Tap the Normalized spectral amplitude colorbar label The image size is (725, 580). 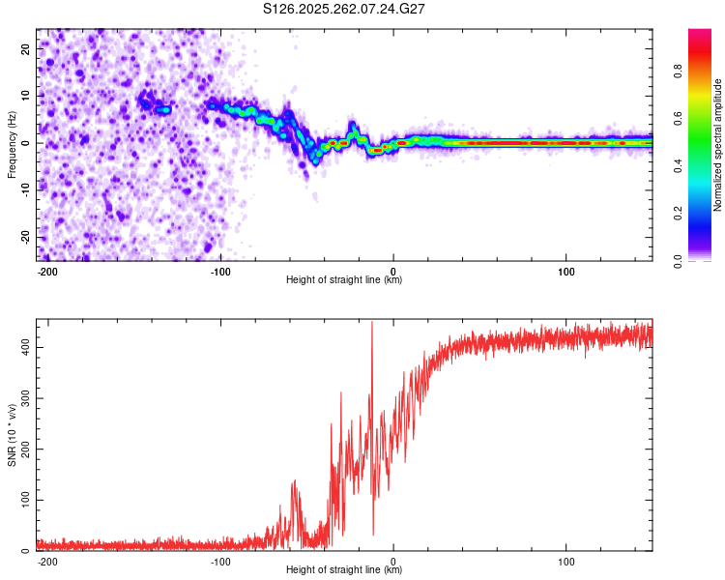[x=717, y=145]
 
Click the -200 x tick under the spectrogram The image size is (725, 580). [x=47, y=270]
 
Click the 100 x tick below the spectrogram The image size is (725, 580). [x=565, y=270]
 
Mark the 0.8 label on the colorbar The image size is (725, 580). [x=704, y=71]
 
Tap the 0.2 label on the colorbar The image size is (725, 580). [x=704, y=214]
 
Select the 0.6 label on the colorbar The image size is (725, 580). [x=704, y=118]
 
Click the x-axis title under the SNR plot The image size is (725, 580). [x=344, y=570]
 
